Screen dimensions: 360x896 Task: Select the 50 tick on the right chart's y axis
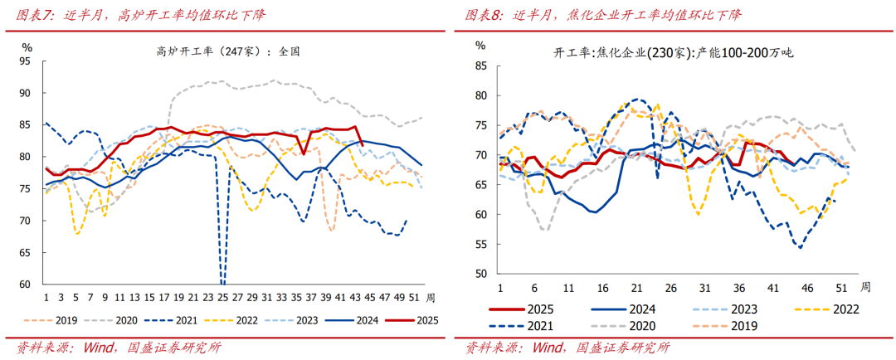(480, 274)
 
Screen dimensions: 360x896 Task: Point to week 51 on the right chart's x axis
(840, 287)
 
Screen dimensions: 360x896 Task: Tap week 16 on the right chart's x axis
(601, 287)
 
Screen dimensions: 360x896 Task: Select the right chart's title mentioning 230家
(673, 53)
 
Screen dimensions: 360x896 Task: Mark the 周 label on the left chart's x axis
(430, 296)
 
